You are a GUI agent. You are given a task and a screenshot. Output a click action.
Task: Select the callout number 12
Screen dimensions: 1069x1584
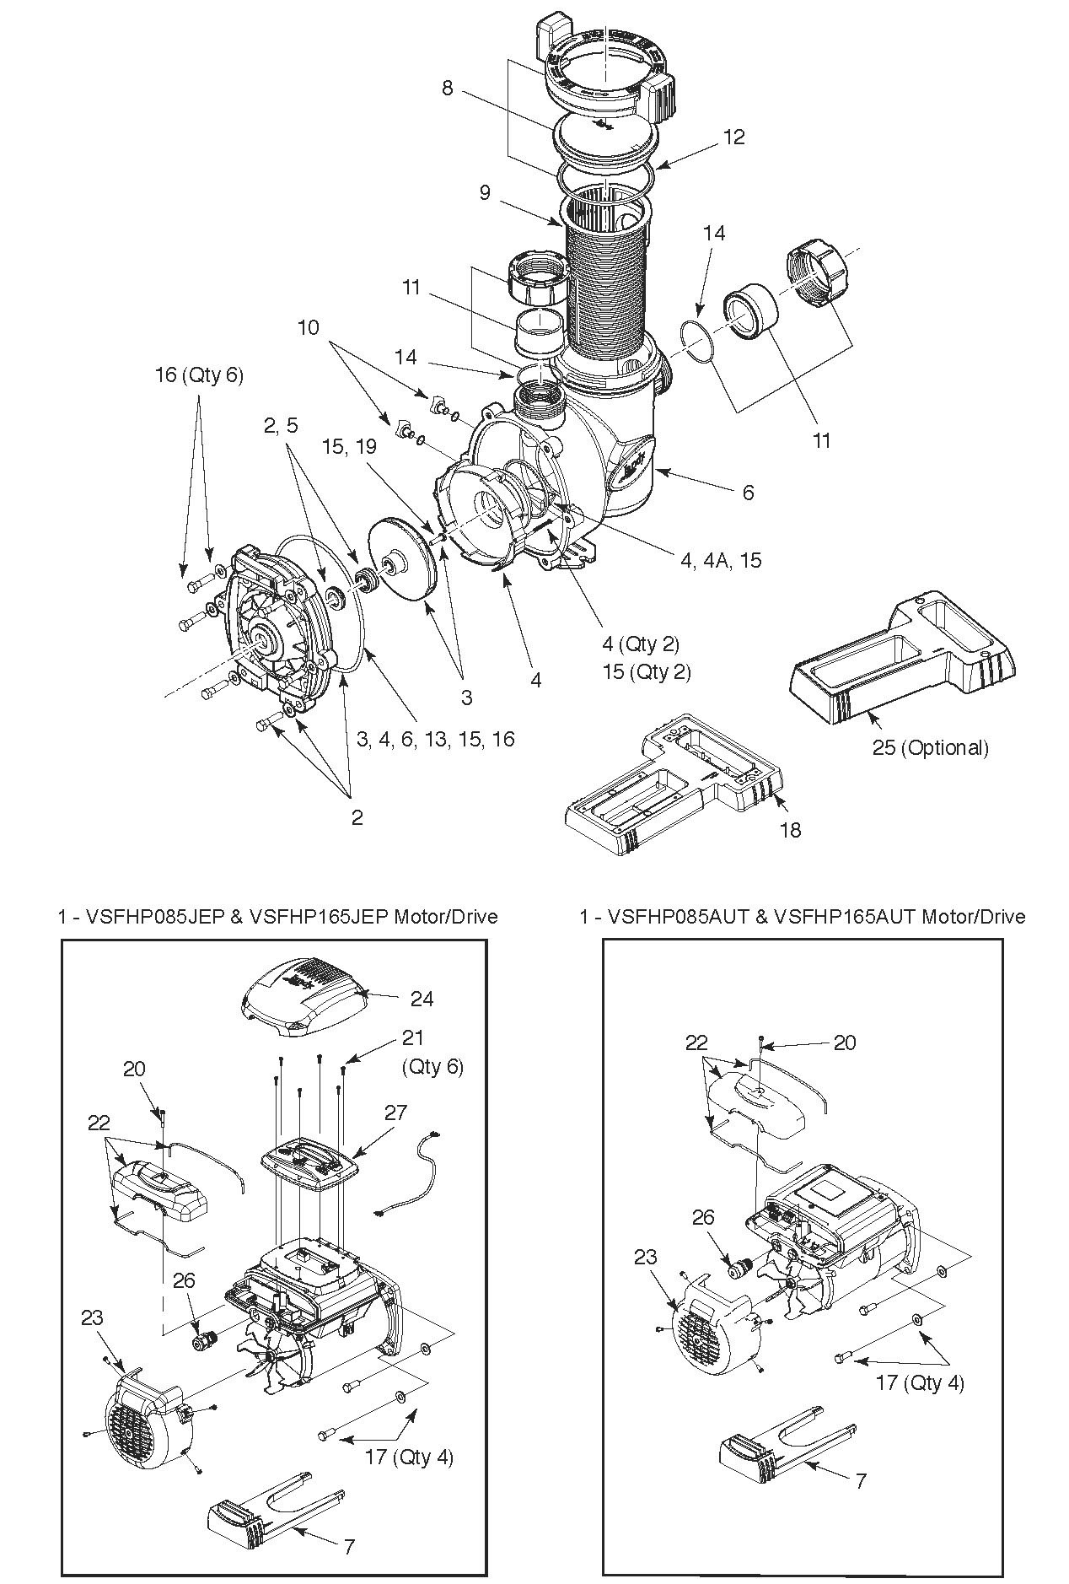pyautogui.click(x=734, y=137)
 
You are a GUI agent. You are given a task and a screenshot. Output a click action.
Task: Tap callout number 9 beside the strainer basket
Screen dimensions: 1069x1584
pyautogui.click(x=485, y=192)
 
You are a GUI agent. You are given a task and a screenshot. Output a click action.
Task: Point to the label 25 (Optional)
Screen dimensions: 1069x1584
pyautogui.click(x=930, y=747)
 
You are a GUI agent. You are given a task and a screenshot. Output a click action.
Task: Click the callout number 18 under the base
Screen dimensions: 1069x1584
pyautogui.click(x=790, y=830)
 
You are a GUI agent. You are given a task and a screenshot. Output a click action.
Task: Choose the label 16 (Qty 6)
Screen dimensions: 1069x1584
pyautogui.click(x=199, y=374)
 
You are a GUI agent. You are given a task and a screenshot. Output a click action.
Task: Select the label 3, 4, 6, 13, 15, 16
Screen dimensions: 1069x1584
pyautogui.click(x=436, y=739)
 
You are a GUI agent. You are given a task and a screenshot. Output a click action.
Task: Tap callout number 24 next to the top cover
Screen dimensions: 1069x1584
pyautogui.click(x=422, y=999)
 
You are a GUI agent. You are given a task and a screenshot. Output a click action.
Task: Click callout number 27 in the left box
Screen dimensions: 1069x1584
pyautogui.click(x=395, y=1113)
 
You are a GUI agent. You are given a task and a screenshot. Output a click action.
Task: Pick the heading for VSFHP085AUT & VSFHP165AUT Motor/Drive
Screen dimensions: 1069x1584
pyautogui.click(x=803, y=916)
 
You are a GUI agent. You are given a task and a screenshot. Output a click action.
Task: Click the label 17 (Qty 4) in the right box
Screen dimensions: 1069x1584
pyautogui.click(x=920, y=1382)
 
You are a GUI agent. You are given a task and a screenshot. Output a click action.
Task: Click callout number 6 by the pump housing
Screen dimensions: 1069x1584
pyautogui.click(x=748, y=492)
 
